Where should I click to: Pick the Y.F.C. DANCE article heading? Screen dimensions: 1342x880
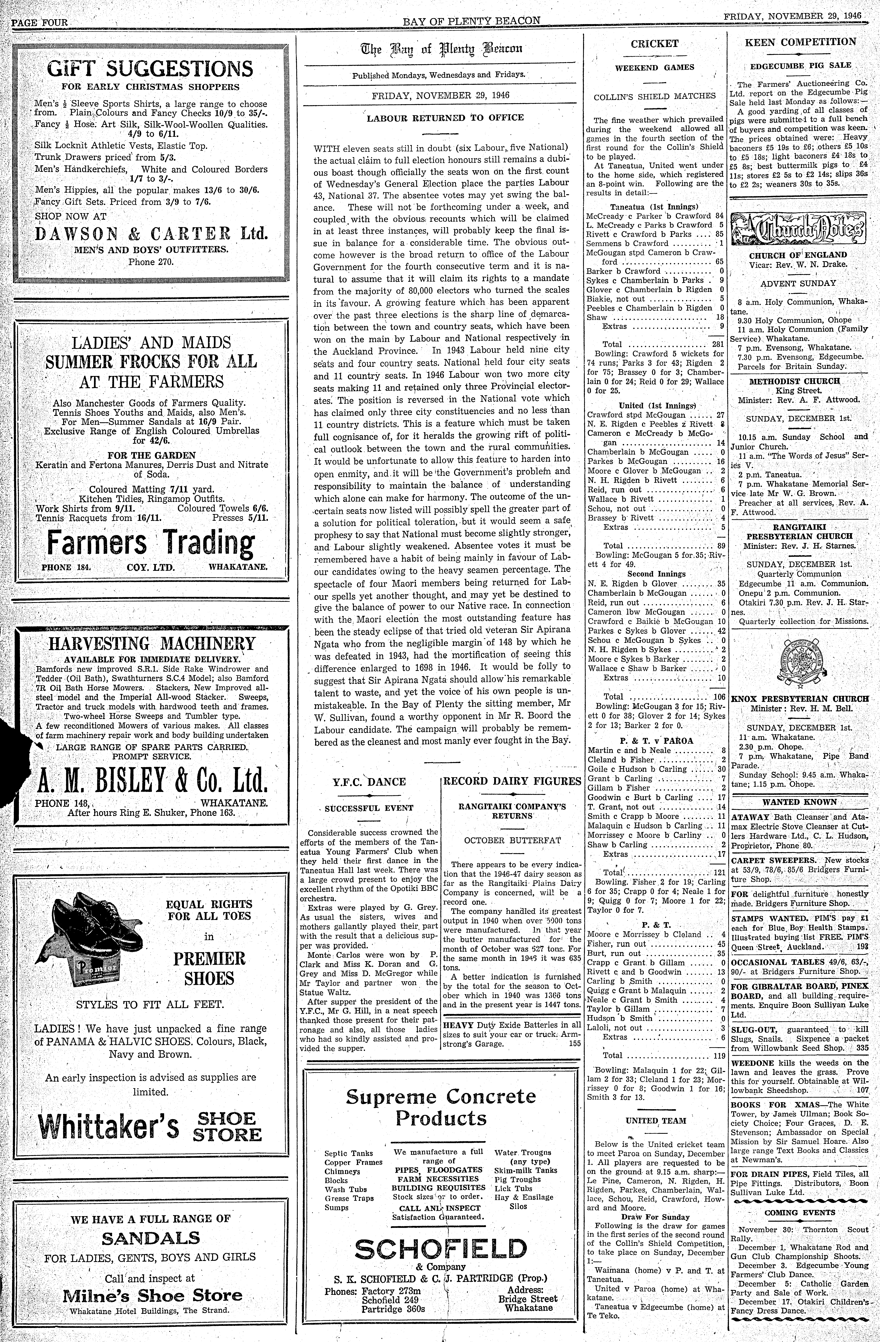pyautogui.click(x=370, y=781)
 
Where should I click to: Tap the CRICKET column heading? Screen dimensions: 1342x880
pyautogui.click(x=654, y=43)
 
